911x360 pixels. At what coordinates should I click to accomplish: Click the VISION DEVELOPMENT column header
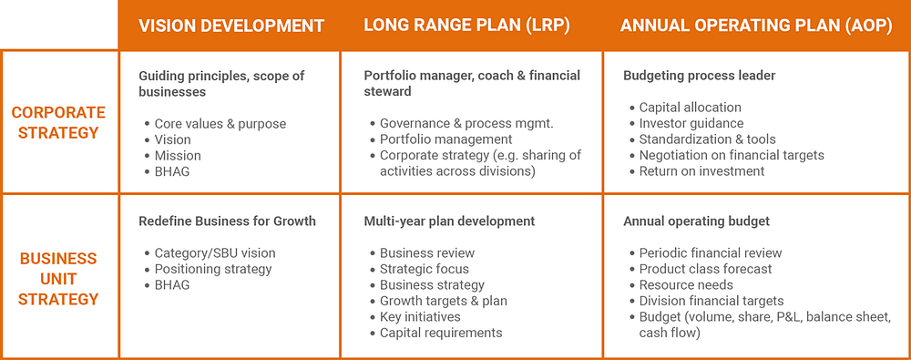[x=230, y=26]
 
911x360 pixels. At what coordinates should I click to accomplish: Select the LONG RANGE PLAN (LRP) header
[x=466, y=26]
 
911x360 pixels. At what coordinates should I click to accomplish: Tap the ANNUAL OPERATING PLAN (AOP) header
[x=756, y=26]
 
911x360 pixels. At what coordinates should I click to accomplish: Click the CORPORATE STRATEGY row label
[x=58, y=122]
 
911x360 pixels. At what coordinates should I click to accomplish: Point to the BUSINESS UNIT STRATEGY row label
[x=58, y=279]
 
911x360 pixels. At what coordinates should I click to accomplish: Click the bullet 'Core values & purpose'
[x=220, y=124]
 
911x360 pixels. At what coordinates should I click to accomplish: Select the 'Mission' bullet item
[x=178, y=156]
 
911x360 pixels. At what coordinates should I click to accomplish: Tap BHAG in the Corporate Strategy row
[x=172, y=171]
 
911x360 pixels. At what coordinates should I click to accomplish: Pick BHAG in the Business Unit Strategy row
[x=172, y=285]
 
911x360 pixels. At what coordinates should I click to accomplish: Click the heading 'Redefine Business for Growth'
[x=227, y=221]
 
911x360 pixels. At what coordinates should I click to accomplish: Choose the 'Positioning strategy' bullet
[x=213, y=269]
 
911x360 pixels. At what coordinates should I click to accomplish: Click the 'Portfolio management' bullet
[x=446, y=139]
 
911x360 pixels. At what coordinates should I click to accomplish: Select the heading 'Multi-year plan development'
[x=449, y=221]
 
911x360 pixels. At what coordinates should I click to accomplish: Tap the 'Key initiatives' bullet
[x=420, y=317]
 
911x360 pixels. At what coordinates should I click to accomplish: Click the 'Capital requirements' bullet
[x=441, y=333]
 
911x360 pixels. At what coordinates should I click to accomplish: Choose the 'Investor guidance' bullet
[x=691, y=123]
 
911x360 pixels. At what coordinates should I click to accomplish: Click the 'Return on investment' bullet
[x=701, y=171]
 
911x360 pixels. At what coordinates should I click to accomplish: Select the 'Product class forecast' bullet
[x=706, y=269]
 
